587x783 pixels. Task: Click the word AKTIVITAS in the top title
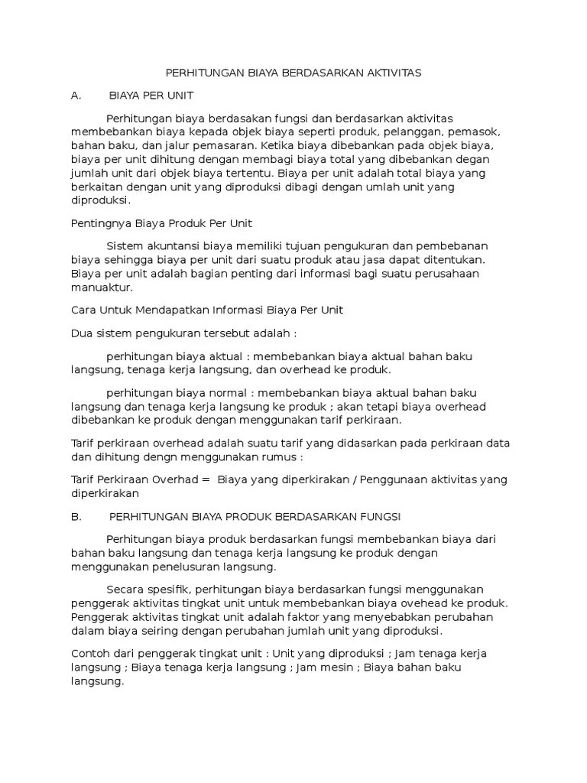392,73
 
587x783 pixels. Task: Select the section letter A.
76,96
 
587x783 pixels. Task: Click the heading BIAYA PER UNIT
151,96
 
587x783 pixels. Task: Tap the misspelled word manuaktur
101,288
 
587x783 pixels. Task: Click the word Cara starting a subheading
82,310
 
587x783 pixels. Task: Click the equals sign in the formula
206,479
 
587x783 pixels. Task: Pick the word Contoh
91,654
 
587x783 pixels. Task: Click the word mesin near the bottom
339,668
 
